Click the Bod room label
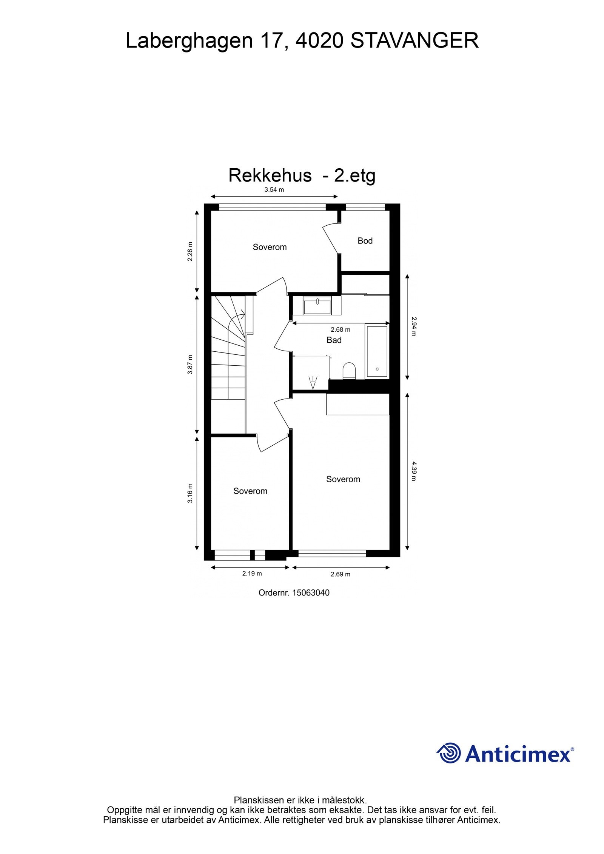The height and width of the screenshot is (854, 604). pos(365,241)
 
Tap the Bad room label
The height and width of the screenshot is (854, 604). pos(334,340)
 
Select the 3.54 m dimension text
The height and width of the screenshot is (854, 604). pos(274,190)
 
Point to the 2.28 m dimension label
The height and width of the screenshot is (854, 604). pos(190,251)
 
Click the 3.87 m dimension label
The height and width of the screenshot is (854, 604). pos(190,365)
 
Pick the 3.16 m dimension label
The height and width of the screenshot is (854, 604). pos(190,493)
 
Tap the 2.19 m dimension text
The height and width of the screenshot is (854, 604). pos(252,574)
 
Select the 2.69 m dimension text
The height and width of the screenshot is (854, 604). pos(340,574)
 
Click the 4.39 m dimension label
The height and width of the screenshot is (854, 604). pos(413,471)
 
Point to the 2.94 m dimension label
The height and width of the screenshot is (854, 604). pos(413,326)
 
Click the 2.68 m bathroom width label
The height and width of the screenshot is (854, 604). pos(340,330)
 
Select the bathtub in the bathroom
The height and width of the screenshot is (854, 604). pos(377,351)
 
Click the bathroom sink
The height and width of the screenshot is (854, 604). pos(317,305)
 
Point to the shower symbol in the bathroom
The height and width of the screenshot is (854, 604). pos(313,383)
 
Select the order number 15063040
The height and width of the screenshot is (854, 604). pos(311,593)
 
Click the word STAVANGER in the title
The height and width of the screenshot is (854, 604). pos(414,41)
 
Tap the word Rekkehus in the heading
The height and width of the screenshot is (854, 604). pos(270,175)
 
